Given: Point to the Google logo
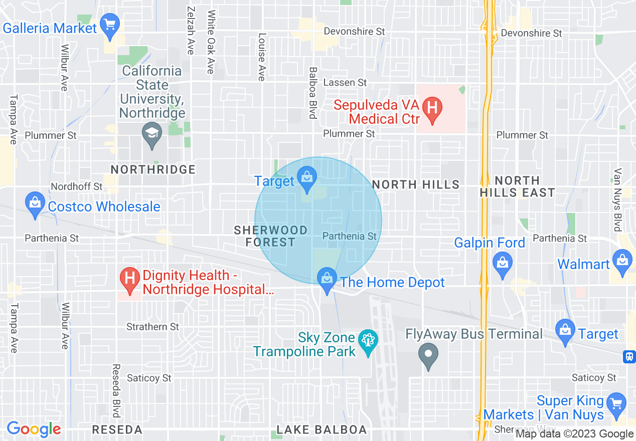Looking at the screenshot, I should pos(34,429).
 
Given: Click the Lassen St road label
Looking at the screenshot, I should pos(345,82).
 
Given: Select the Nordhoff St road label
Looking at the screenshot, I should pos(76,186).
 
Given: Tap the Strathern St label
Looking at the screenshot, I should pos(152,327).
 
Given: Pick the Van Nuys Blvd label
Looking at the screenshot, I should pos(617,199).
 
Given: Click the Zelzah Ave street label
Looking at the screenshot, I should pos(190,30).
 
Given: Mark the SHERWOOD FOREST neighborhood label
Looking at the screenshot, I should pos(271,236).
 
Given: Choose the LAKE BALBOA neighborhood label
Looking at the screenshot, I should pos(322,430).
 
